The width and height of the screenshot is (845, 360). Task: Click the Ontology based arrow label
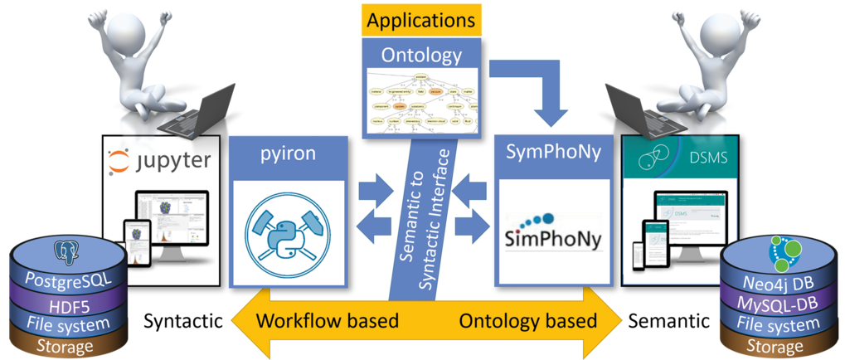tap(527, 320)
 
